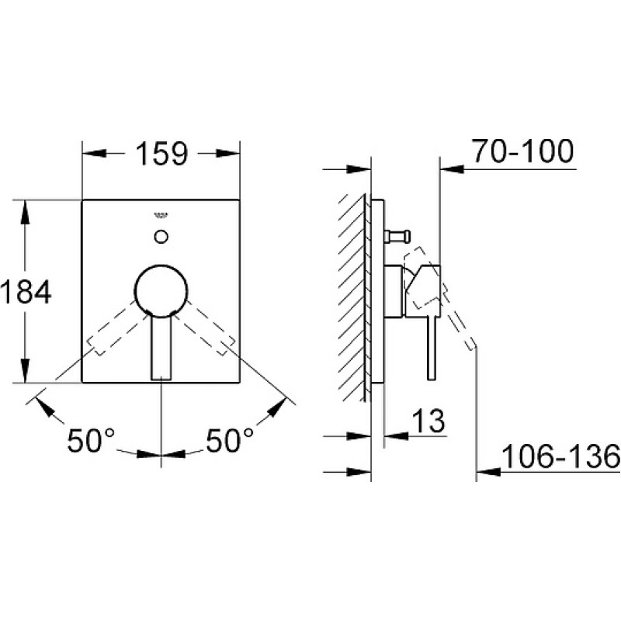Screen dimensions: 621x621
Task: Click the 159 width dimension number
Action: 161,154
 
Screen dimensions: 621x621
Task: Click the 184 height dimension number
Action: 26,292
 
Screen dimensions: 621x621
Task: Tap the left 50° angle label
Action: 91,440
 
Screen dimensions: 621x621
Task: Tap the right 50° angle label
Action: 230,440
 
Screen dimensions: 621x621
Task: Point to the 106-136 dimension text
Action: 560,456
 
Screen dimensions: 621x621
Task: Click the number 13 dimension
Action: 428,421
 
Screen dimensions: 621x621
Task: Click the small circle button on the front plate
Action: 161,237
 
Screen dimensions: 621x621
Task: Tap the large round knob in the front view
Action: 161,290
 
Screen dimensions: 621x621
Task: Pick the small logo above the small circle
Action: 161,216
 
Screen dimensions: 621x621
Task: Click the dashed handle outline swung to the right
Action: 206,327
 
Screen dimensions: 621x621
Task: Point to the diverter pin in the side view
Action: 397,237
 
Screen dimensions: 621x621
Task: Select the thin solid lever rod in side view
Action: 432,349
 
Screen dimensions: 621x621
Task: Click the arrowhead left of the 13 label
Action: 396,436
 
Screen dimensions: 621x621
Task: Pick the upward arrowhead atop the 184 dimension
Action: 25,212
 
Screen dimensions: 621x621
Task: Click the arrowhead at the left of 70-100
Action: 452,169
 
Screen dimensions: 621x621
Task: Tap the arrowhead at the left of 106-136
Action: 488,472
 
